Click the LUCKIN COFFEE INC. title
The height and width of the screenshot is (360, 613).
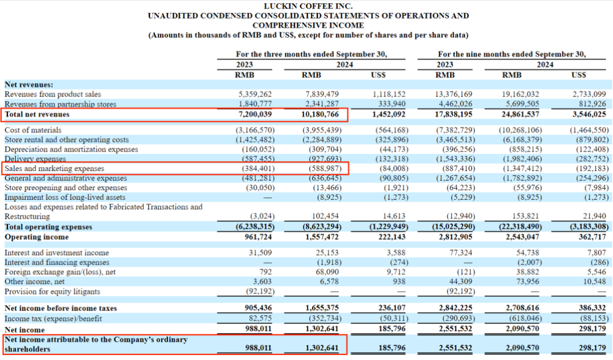pos(308,6)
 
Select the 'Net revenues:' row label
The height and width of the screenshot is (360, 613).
pos(29,85)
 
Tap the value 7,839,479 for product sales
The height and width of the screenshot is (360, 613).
pos(322,94)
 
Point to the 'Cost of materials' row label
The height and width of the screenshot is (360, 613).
pos(33,130)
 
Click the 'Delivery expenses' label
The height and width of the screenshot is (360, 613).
pos(35,159)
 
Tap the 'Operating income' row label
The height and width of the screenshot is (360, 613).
pos(36,237)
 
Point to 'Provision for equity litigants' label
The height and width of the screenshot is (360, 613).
pos(52,291)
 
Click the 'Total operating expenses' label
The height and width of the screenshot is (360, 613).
pos(48,227)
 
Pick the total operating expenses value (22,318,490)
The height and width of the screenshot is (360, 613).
pos(520,227)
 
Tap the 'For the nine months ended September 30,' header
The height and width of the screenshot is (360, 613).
pos(512,55)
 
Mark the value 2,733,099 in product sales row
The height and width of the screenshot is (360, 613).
pos(589,94)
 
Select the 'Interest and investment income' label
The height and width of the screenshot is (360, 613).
pos(57,253)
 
